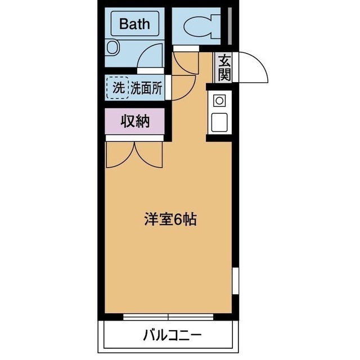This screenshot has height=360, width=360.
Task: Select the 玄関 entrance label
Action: click(x=224, y=66)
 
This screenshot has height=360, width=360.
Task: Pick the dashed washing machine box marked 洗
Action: click(x=118, y=88)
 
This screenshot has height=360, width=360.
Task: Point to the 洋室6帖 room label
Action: click(x=168, y=220)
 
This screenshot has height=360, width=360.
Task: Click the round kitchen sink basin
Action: click(x=219, y=101)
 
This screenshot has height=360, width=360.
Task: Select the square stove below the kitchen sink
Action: click(x=219, y=120)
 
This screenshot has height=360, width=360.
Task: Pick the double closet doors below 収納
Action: click(x=134, y=153)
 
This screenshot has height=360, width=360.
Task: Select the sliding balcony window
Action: click(x=168, y=317)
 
